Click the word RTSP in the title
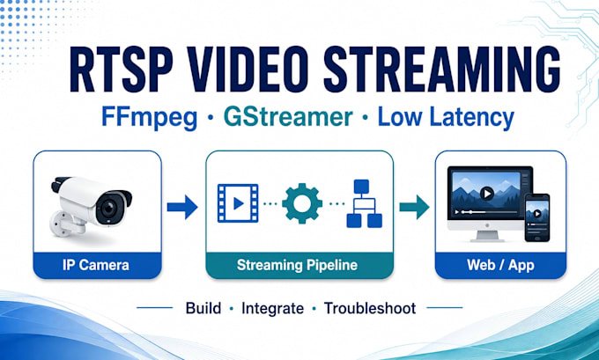pyautogui.click(x=121, y=70)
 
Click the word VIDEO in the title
pyautogui.click(x=248, y=70)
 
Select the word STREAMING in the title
pyautogui.click(x=442, y=70)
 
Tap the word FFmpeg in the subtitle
pyautogui.click(x=150, y=118)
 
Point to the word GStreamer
pyautogui.click(x=288, y=117)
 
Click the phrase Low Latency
pyautogui.click(x=446, y=118)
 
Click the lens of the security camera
pyautogui.click(x=108, y=209)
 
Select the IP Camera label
pyautogui.click(x=96, y=265)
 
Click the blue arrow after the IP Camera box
pyautogui.click(x=182, y=208)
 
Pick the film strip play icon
pyautogui.click(x=238, y=203)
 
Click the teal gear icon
pyautogui.click(x=302, y=203)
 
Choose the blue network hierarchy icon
pyautogui.click(x=364, y=203)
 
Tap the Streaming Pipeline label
pyautogui.click(x=297, y=265)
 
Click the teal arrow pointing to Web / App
pyautogui.click(x=414, y=208)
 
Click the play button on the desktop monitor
pyautogui.click(x=486, y=194)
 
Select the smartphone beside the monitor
pyautogui.click(x=537, y=217)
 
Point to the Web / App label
pyautogui.click(x=500, y=265)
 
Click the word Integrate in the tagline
pyautogui.click(x=272, y=308)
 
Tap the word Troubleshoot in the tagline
pyautogui.click(x=370, y=308)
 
